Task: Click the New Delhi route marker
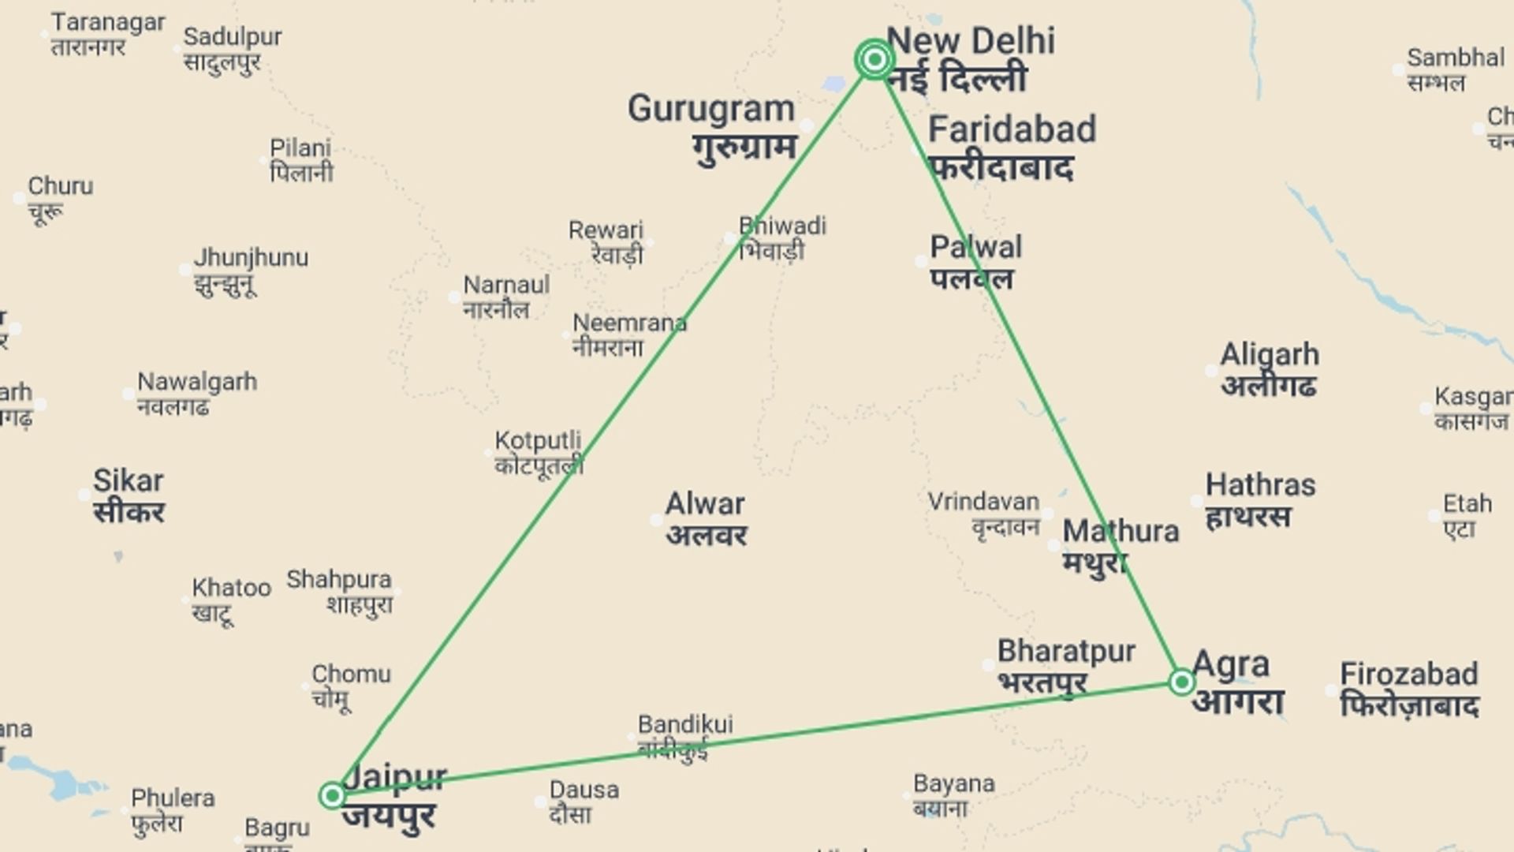point(874,59)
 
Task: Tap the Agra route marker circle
point(1181,682)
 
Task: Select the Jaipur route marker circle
point(332,795)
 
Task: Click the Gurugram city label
point(711,126)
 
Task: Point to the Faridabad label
point(1011,148)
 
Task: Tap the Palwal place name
point(975,262)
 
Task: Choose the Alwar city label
point(706,518)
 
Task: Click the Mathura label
point(1120,546)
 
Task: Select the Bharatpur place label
point(1065,667)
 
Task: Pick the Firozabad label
point(1408,689)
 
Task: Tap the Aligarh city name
point(1269,369)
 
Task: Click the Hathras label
point(1259,499)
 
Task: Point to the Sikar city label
point(129,495)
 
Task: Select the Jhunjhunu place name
point(251,270)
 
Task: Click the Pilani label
point(300,160)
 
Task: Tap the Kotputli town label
point(538,453)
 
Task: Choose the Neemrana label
point(628,334)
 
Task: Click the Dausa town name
point(584,802)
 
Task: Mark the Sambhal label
point(1455,69)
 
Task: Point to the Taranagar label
point(108,34)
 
